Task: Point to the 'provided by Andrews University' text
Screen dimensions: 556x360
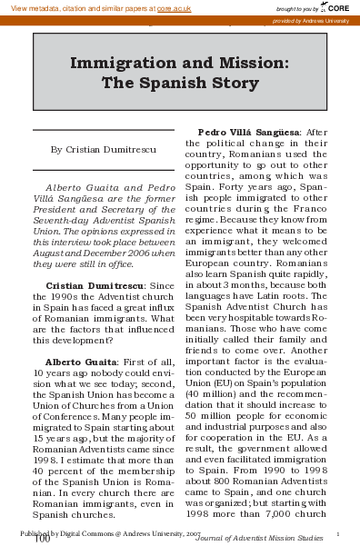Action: (316, 19)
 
